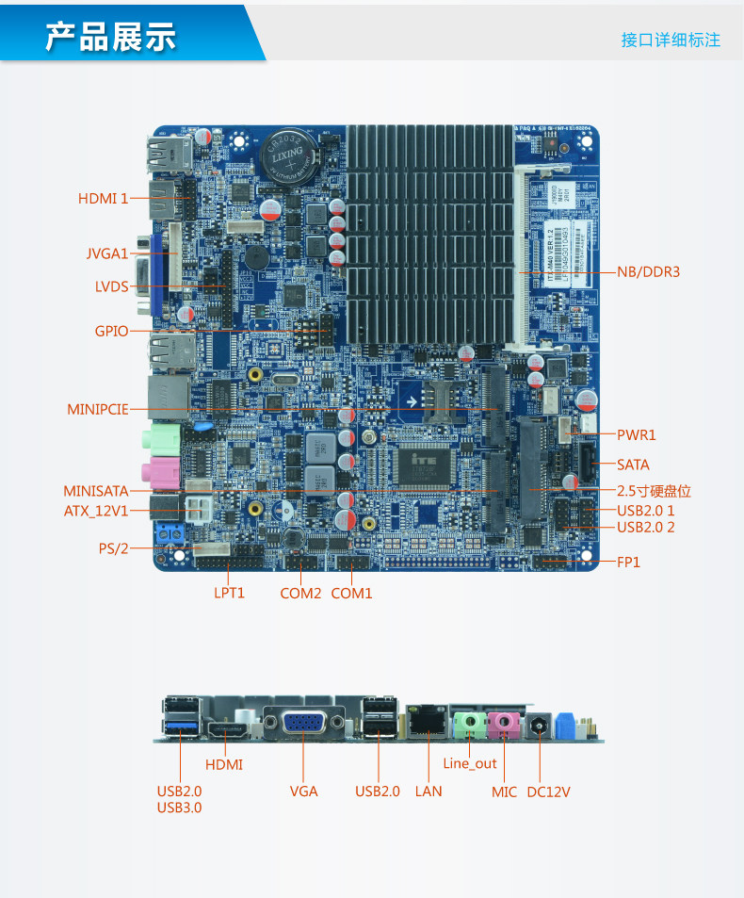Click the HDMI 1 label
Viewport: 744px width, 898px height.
pos(103,199)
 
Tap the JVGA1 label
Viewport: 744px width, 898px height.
pos(106,253)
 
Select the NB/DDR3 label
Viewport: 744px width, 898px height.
pos(648,272)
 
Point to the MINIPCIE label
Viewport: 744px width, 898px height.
pos(97,410)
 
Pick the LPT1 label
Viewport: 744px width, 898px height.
pos(229,594)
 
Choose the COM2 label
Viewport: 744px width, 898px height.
pos(300,594)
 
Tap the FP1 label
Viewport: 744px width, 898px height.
pos(628,562)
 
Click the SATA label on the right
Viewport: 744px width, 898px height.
pos(633,465)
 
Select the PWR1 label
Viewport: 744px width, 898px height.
pos(636,435)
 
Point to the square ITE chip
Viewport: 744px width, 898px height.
pos(420,464)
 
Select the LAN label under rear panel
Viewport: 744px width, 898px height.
pos(429,792)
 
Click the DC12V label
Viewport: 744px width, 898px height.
pos(548,792)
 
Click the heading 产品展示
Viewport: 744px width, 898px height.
pos(111,37)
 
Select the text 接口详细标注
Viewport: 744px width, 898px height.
pos(671,40)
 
